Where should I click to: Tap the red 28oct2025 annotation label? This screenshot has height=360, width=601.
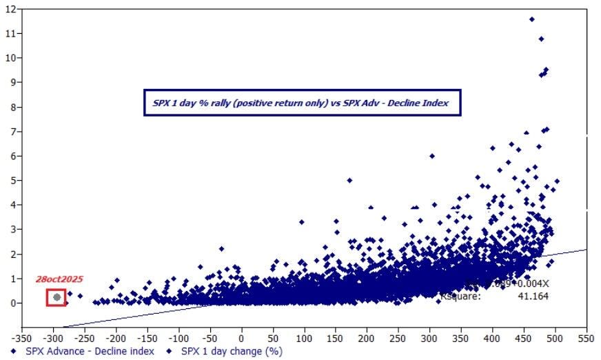pyautogui.click(x=60, y=279)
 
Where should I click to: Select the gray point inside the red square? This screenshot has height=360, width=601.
pyautogui.click(x=57, y=297)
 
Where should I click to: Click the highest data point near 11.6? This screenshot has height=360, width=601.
pyautogui.click(x=531, y=19)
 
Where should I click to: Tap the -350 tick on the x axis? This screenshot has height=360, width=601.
pyautogui.click(x=23, y=339)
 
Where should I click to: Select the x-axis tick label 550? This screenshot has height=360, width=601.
pyautogui.click(x=587, y=339)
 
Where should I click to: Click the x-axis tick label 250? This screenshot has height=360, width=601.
pyautogui.click(x=398, y=339)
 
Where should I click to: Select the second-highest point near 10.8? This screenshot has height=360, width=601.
pyautogui.click(x=541, y=39)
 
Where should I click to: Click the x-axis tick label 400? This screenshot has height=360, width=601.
pyautogui.click(x=493, y=339)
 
